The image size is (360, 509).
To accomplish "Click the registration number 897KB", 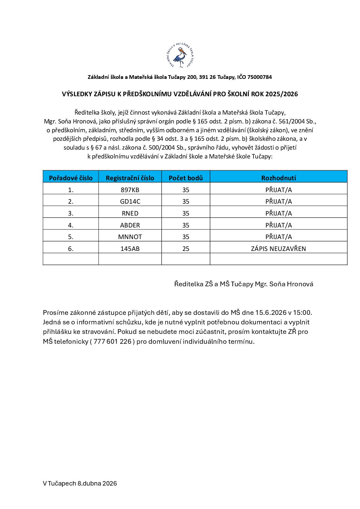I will coord(130,190).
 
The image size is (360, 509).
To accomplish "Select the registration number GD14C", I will coord(130,201).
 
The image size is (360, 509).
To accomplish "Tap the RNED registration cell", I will coord(130,213).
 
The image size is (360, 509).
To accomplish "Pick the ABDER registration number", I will coord(130,225).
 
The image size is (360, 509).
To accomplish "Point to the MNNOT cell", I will coord(130,237).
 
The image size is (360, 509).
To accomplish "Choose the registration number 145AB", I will coord(130,249).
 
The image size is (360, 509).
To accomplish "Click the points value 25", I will coord(185,249).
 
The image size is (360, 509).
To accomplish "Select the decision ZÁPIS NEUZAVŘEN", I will coord(278,249).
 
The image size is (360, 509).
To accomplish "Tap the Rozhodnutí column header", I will coord(278,178).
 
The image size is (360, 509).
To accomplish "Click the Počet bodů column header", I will coord(185,178).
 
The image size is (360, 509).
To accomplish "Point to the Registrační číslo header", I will coord(130,178).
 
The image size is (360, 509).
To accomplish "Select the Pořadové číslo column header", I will coord(71,178).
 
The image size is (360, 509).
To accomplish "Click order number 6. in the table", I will coord(71,249).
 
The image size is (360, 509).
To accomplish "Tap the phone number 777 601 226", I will coord(112,341).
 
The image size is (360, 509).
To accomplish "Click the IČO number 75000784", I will coord(260,77).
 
